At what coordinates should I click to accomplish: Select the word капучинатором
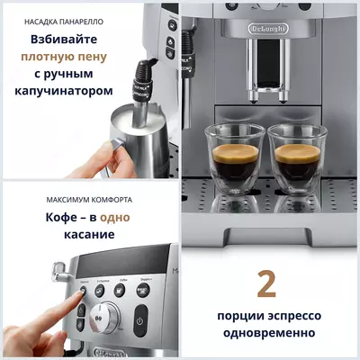tap(67, 91)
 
